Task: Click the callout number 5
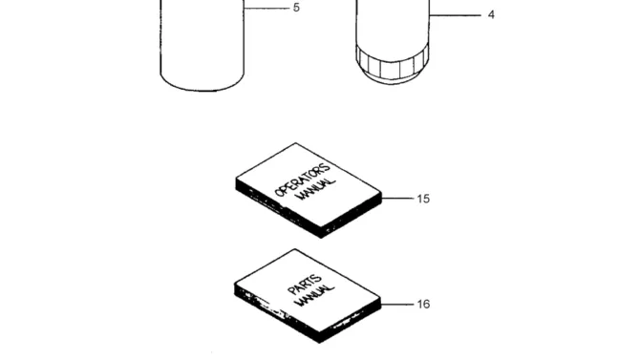pyautogui.click(x=296, y=8)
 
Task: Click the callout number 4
pyautogui.click(x=491, y=15)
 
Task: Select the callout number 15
pyautogui.click(x=423, y=199)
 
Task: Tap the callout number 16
pyautogui.click(x=423, y=305)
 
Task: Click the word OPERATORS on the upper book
pyautogui.click(x=303, y=180)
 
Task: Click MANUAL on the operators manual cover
pyautogui.click(x=317, y=188)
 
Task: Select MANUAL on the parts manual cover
pyautogui.click(x=315, y=295)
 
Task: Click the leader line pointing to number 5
pyautogui.click(x=267, y=8)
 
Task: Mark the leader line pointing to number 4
pyautogui.click(x=455, y=15)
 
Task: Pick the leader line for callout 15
pyautogui.click(x=397, y=199)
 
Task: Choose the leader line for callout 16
pyautogui.click(x=397, y=304)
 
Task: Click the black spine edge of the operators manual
pyautogui.click(x=278, y=207)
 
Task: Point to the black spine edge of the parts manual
pyautogui.click(x=277, y=312)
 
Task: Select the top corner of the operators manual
pyautogui.click(x=295, y=143)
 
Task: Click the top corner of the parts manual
pyautogui.click(x=295, y=249)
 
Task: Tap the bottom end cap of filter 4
pyautogui.click(x=391, y=78)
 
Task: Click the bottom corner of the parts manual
pyautogui.click(x=320, y=343)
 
